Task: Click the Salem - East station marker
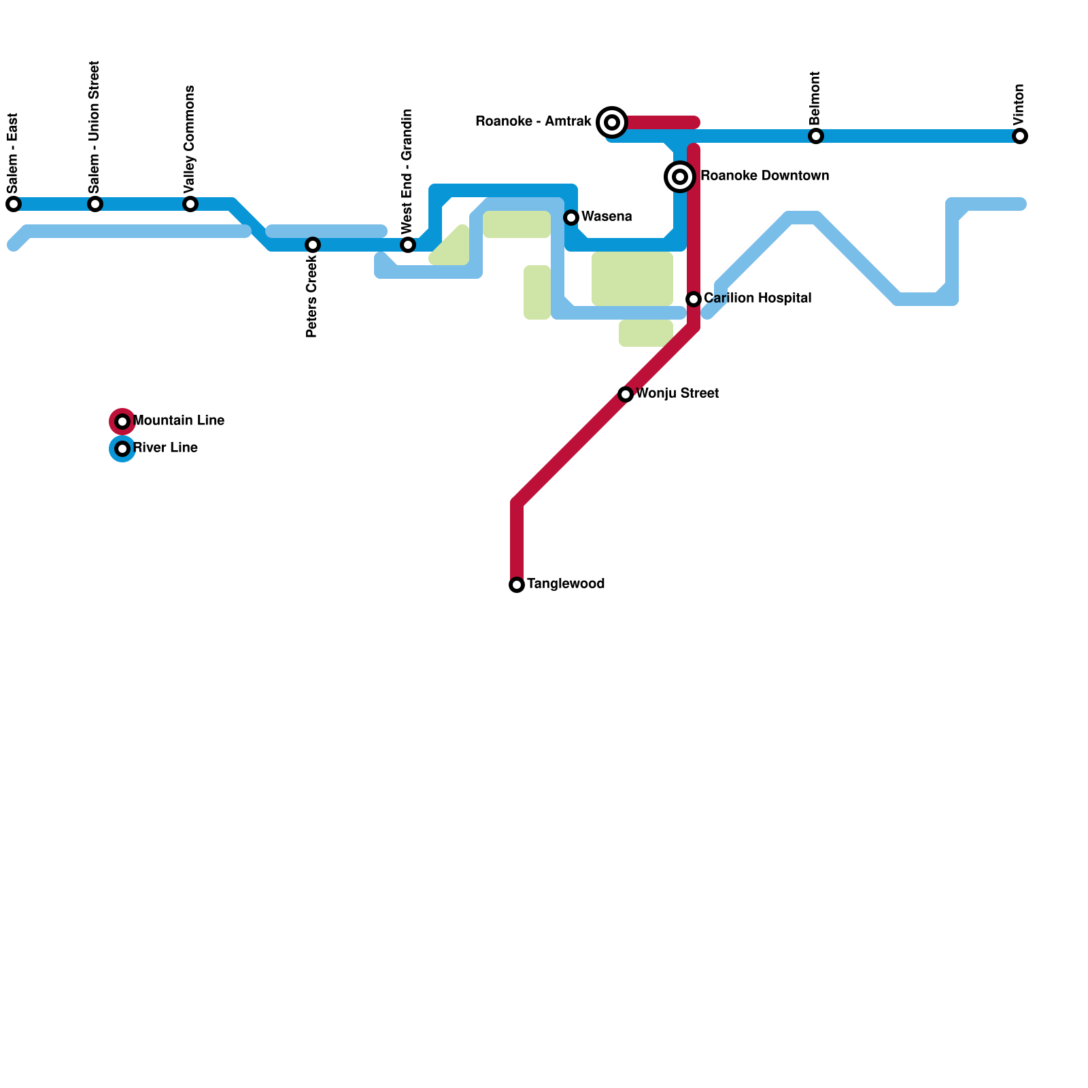14,204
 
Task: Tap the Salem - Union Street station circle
95,204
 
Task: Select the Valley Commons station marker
190,204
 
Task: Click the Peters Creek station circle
313,245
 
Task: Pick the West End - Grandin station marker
408,245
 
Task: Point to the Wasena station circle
571,218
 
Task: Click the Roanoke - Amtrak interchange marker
612,122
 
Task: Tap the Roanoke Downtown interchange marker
680,177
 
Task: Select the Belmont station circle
816,136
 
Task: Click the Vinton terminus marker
1020,136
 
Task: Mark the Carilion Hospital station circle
694,299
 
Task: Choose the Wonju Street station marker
626,394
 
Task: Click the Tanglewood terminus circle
517,585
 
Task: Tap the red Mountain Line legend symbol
122,422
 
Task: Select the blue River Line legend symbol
122,449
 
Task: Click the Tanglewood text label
566,584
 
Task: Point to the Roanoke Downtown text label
764,176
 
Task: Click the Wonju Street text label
677,394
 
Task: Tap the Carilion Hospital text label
758,299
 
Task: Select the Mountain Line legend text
179,421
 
